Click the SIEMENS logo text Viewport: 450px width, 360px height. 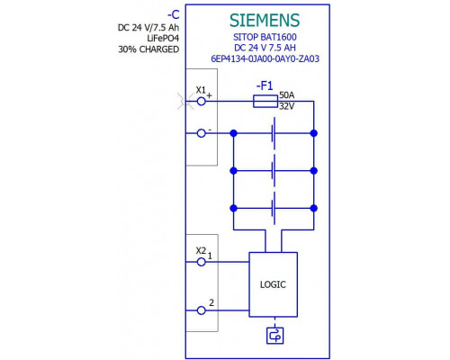265,21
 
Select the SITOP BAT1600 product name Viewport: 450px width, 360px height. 265,37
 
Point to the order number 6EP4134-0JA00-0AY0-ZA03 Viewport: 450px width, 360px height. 265,58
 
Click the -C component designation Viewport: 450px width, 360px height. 174,14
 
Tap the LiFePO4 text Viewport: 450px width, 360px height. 163,38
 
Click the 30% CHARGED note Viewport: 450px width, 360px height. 148,49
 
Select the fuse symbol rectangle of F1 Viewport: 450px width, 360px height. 265,102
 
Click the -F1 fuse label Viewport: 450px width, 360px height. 265,86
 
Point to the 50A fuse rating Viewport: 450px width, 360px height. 287,95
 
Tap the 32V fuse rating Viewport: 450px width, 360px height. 287,106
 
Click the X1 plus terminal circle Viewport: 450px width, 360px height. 202,102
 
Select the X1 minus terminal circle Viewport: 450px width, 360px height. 202,133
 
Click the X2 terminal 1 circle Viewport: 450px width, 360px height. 202,262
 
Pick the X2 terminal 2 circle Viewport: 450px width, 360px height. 202,310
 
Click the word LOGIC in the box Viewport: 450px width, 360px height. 273,284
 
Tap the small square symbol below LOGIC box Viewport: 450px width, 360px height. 274,336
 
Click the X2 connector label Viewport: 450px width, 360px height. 201,250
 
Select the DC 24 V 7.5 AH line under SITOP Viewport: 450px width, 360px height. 265,48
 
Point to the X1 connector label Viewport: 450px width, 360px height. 201,90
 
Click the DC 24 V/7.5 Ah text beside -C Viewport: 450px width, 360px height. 148,27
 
